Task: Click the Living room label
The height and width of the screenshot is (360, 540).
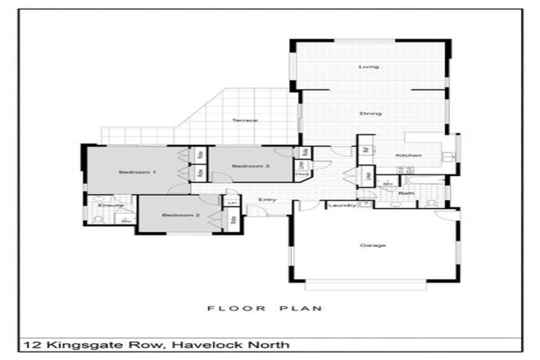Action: coord(369,67)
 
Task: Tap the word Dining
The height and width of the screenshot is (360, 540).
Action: coord(371,113)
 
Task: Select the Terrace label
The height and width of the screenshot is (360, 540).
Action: coord(245,120)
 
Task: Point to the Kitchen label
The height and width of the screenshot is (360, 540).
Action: coord(408,155)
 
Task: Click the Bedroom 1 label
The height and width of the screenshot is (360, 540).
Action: coord(132,172)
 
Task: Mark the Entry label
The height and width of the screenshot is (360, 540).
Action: coord(267,200)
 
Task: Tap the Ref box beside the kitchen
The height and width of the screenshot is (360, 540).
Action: coord(366,149)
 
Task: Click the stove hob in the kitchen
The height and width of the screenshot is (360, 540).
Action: coord(404,171)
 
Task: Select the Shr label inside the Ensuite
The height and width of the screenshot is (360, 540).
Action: coord(127,221)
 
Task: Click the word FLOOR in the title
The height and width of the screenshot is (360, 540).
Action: coord(228,307)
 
